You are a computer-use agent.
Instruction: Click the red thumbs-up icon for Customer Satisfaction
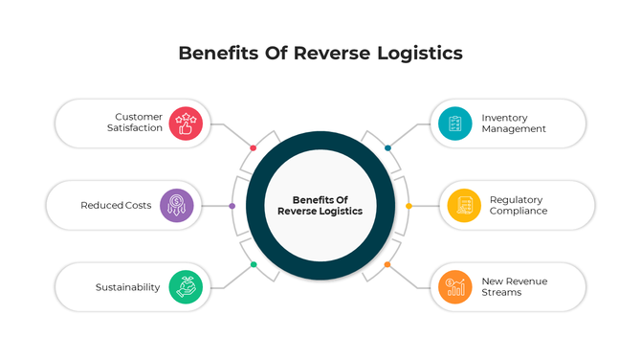coord(187,123)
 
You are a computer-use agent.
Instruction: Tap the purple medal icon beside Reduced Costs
coord(177,205)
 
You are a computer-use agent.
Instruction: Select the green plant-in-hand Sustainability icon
coord(187,286)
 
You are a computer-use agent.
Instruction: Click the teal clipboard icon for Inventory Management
coord(454,123)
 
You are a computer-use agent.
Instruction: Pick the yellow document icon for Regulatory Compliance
coord(464,205)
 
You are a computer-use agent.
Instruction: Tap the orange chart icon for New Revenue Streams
coord(454,286)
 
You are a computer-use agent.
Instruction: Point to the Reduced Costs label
coord(116,205)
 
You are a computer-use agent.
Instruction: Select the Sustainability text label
coord(127,287)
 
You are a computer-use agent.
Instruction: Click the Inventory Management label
coord(514,123)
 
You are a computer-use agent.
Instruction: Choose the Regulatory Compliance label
coord(519,205)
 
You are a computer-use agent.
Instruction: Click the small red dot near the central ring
coord(253,147)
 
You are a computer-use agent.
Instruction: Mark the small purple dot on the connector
coord(232,206)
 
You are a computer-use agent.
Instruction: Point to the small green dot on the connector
coord(254,264)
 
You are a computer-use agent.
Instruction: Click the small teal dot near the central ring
coord(387,147)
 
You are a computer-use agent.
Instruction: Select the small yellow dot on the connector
coord(409,206)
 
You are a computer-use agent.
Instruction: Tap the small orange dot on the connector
coord(387,264)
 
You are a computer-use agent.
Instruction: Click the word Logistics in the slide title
coord(413,54)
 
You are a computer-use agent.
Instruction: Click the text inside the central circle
coord(320,205)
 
